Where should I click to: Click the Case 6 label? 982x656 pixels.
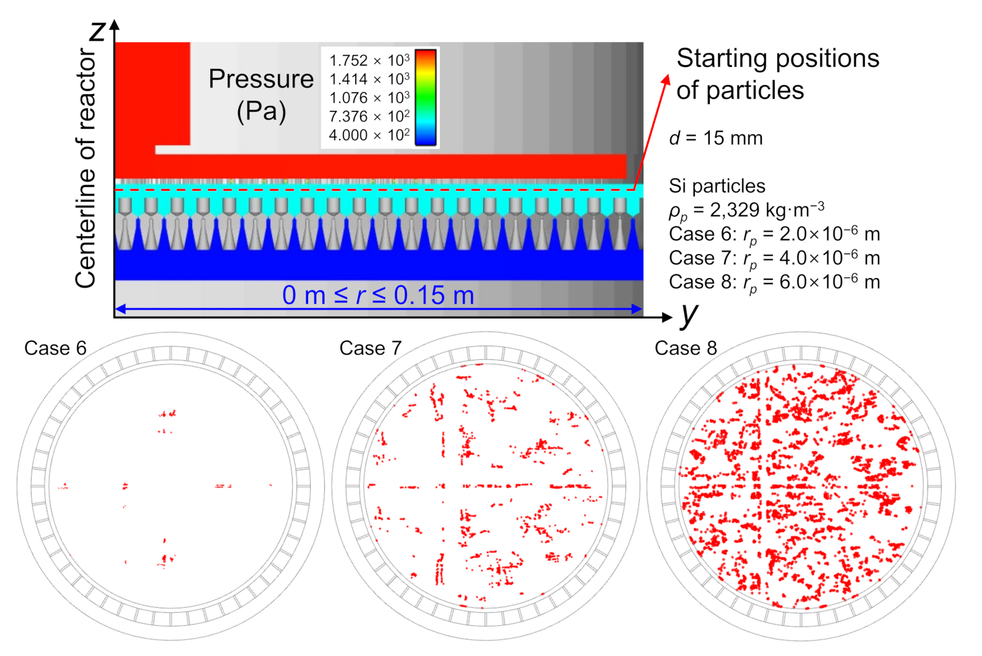coord(55,348)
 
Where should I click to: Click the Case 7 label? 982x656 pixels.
coord(370,348)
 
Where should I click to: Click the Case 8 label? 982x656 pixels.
coord(686,348)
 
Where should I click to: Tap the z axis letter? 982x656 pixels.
coord(98,30)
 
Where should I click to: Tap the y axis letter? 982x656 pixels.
coord(689,314)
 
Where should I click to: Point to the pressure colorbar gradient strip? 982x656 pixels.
coord(425,97)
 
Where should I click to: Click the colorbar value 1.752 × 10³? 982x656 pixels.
coord(369,61)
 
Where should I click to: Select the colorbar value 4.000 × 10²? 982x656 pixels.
coord(369,135)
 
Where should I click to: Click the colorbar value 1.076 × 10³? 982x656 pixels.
coord(369,98)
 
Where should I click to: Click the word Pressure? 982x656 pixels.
coord(261,79)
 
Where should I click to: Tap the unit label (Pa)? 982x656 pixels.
coord(261,112)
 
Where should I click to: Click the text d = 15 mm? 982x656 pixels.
coord(716,138)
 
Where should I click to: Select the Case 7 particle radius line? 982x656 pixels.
coord(774,258)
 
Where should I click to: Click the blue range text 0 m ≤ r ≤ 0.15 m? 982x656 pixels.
coord(378,295)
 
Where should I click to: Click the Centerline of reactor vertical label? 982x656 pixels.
coord(86,168)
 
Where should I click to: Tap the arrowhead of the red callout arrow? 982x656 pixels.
coord(666,79)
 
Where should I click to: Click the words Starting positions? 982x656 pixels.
coord(777,59)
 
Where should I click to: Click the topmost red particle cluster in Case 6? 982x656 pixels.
coord(167,413)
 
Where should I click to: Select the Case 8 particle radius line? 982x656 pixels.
coord(774,282)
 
